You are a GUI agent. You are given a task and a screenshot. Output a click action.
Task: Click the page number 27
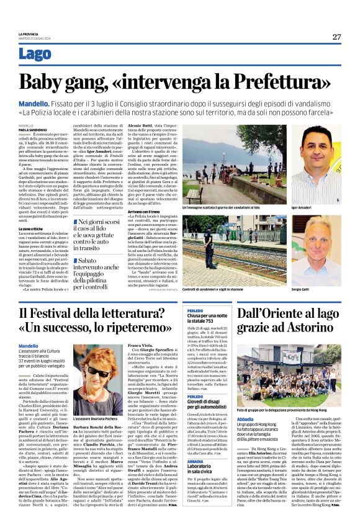(x=336, y=37)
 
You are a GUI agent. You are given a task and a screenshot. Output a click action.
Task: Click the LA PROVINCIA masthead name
(x=29, y=34)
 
